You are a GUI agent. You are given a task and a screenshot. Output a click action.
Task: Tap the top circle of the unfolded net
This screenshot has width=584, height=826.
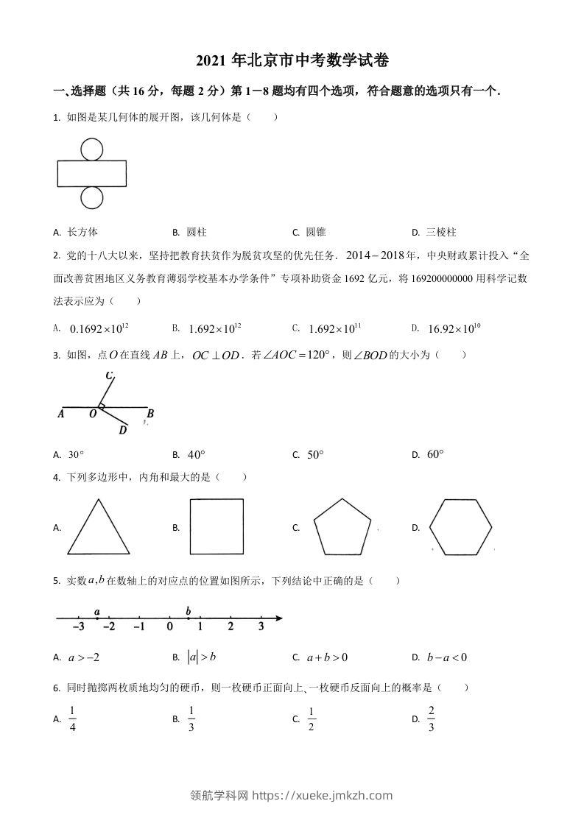(x=91, y=149)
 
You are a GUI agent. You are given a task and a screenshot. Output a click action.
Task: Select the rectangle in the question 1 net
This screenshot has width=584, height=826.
(x=91, y=174)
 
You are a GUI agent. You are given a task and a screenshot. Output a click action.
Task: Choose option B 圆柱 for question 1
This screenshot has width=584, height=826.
(x=196, y=232)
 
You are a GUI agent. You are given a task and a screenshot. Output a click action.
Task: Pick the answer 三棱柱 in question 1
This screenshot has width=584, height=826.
(x=441, y=232)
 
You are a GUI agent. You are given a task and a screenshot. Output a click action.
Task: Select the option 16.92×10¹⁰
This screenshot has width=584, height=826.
(x=454, y=328)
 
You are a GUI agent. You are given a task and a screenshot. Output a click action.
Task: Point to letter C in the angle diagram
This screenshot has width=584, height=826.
(x=108, y=376)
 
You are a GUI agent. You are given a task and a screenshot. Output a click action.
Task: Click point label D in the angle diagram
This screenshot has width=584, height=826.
(x=123, y=430)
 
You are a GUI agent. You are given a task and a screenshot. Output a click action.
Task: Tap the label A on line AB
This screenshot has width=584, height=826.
(x=60, y=414)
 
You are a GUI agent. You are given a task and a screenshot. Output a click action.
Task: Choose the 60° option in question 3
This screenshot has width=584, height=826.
(x=435, y=454)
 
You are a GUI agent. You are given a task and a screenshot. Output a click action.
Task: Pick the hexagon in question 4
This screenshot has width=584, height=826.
(x=460, y=527)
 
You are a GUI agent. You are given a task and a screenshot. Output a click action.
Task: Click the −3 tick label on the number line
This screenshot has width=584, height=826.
(x=78, y=626)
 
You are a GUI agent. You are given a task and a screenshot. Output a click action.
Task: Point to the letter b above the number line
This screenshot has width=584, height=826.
(x=189, y=611)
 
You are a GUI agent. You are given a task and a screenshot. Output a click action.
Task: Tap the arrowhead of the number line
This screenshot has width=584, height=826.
(x=278, y=618)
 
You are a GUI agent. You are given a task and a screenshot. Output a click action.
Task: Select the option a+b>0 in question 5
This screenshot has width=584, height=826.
(x=328, y=657)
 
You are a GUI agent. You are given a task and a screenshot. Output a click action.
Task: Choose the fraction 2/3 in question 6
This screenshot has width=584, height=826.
(x=432, y=719)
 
